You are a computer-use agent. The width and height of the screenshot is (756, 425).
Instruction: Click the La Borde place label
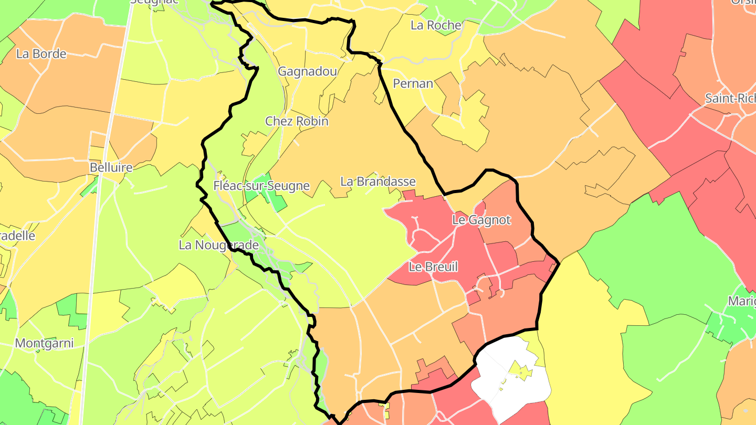click(41, 54)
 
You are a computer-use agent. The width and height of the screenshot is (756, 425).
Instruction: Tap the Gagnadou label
click(307, 71)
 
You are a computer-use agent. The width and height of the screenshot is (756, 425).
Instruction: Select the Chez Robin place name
click(297, 121)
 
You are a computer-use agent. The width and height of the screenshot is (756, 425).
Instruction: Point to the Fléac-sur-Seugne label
click(261, 186)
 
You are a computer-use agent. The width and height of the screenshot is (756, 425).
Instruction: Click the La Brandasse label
click(378, 182)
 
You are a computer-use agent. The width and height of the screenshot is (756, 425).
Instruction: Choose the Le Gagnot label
click(481, 220)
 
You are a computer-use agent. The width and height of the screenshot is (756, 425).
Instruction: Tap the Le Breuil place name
click(433, 267)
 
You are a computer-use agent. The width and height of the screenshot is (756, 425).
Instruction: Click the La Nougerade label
click(219, 245)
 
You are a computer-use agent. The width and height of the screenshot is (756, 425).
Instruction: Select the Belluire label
click(111, 168)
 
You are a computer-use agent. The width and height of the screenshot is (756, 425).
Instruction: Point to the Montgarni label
click(44, 344)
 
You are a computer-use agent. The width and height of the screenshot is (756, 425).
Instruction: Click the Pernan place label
click(413, 84)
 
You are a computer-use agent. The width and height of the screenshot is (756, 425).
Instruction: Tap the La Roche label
click(436, 25)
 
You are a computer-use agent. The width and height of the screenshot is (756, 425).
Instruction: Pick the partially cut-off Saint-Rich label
click(730, 99)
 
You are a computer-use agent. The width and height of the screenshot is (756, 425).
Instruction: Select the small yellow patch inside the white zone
click(520, 372)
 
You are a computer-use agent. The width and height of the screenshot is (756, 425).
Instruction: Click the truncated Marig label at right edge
click(741, 301)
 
